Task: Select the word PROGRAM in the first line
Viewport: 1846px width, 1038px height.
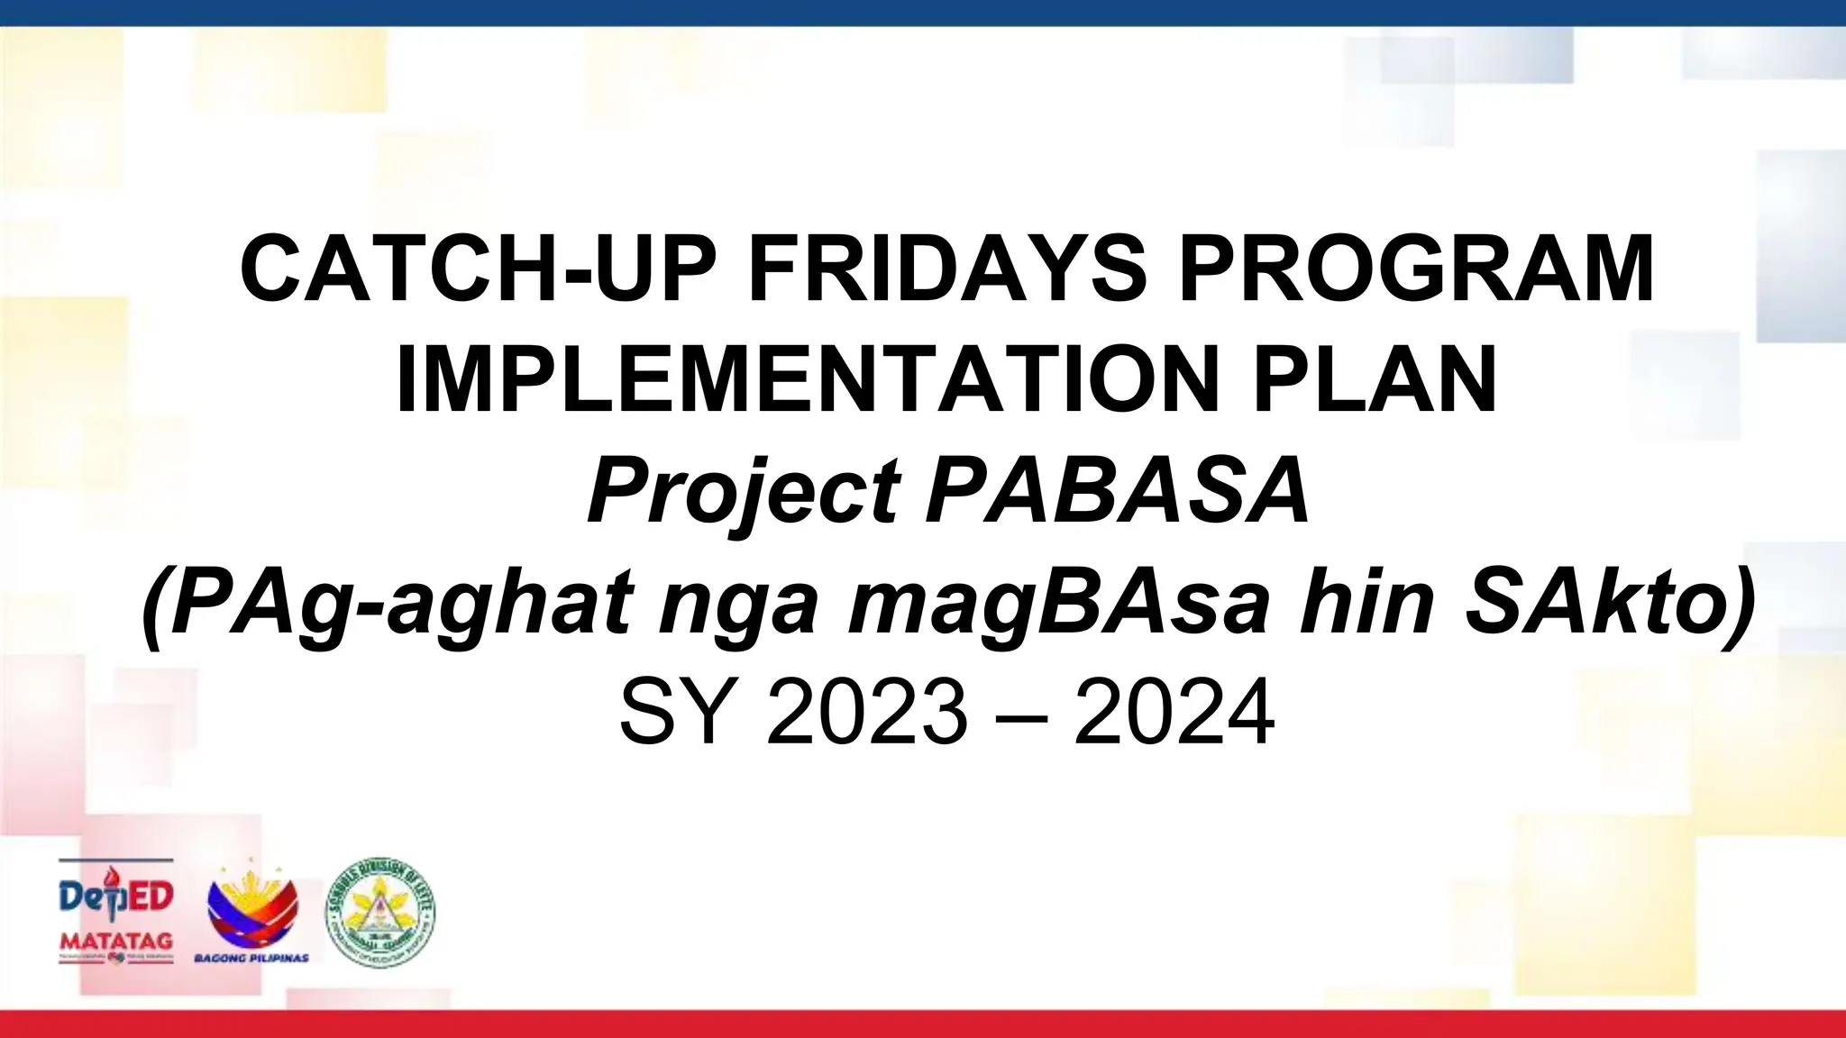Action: (1416, 269)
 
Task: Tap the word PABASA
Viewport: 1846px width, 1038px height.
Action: (1118, 492)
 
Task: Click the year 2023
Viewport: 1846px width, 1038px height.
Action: (867, 713)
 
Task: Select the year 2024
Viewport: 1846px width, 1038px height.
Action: (1174, 713)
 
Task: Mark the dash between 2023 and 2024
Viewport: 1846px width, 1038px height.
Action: (1021, 715)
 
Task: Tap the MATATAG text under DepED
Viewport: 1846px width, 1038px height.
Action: (116, 941)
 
